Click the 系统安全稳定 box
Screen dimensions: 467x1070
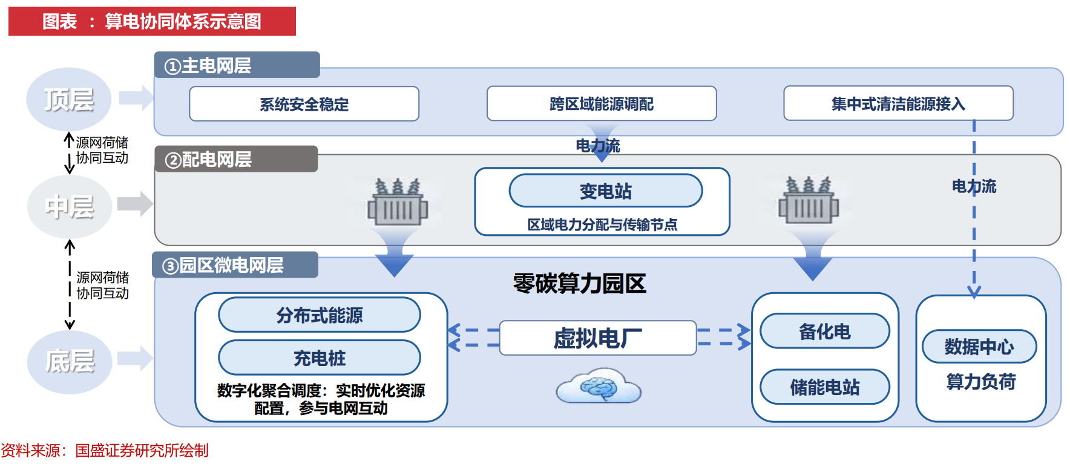click(x=304, y=104)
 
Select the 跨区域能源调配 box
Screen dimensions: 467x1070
click(x=602, y=104)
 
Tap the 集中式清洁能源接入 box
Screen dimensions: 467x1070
click(x=898, y=103)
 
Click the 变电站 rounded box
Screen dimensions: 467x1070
click(x=605, y=191)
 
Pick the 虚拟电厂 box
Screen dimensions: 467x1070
click(x=598, y=338)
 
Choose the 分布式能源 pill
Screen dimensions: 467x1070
click(x=320, y=315)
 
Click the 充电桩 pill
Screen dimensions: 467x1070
click(x=320, y=358)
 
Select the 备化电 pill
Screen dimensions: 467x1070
click(x=824, y=331)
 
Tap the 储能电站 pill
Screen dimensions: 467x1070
click(x=824, y=387)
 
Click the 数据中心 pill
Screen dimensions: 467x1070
click(x=979, y=347)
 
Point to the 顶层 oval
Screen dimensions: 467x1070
click(x=69, y=99)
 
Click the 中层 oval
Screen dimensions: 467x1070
click(x=70, y=207)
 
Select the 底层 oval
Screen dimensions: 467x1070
click(x=70, y=362)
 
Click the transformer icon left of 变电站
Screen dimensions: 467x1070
click(x=398, y=202)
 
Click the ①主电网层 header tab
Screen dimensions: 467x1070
click(x=237, y=65)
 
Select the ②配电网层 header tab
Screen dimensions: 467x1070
click(x=236, y=159)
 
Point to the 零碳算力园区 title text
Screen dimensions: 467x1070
click(x=579, y=283)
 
